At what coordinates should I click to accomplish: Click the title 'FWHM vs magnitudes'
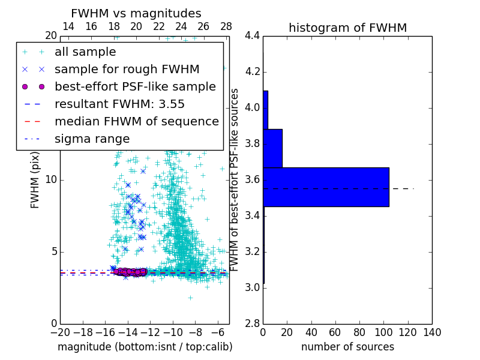(x=136, y=13)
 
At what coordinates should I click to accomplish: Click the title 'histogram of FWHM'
(x=347, y=28)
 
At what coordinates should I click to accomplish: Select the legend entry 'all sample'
(x=85, y=52)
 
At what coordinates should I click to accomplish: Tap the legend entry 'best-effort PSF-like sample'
(x=135, y=87)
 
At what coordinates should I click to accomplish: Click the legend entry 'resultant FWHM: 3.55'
(x=119, y=104)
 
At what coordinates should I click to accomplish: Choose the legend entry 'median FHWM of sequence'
(x=136, y=122)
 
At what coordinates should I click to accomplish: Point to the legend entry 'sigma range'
(x=92, y=139)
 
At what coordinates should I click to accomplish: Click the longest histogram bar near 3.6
(x=326, y=187)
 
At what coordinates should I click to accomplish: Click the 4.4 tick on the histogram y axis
(x=252, y=36)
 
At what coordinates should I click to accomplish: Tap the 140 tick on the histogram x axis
(x=431, y=332)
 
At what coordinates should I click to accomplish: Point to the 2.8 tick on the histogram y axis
(x=252, y=324)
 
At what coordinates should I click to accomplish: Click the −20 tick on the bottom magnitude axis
(x=60, y=332)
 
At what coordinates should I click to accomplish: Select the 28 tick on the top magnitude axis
(x=226, y=27)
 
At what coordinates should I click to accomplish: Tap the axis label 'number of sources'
(x=347, y=347)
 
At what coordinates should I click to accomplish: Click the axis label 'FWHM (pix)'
(x=35, y=180)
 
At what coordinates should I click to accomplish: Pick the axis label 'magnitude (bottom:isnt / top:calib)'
(x=145, y=347)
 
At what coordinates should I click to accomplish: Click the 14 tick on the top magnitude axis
(x=68, y=27)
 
